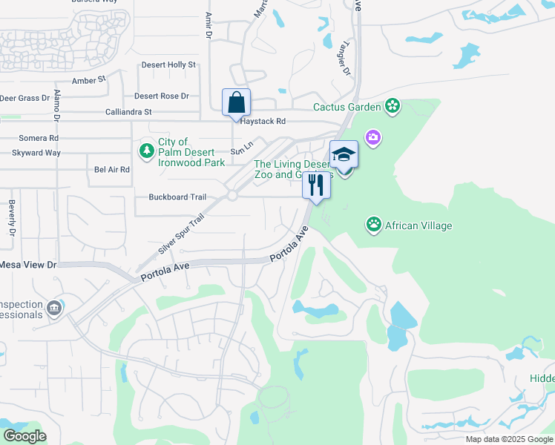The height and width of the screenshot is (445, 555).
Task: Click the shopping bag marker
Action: [x=236, y=102]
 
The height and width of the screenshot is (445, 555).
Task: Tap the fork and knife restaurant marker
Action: [x=316, y=185]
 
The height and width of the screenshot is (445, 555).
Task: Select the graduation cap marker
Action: [x=344, y=154]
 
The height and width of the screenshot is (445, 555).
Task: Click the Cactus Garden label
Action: [x=347, y=107]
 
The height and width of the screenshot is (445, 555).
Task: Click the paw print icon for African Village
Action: [x=374, y=223]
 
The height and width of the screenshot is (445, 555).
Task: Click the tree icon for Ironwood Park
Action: [x=147, y=151]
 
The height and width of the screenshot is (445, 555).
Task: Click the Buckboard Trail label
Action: [x=177, y=197]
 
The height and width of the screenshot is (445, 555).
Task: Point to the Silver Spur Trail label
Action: [x=180, y=234]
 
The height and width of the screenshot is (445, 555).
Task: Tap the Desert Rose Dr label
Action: [x=161, y=96]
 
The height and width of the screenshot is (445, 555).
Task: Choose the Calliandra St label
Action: [x=128, y=112]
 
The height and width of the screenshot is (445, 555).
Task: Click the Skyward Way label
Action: [x=36, y=153]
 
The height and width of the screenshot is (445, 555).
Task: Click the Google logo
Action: [x=24, y=436]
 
